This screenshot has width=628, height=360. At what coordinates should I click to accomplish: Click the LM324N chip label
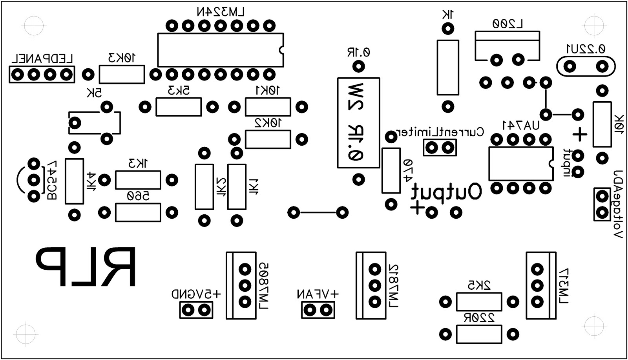tap(221, 12)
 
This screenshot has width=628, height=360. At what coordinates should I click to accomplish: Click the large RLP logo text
tap(86, 267)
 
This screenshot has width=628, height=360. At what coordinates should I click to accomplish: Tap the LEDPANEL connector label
tap(42, 59)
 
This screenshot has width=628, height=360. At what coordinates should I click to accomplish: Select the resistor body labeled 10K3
tap(122, 74)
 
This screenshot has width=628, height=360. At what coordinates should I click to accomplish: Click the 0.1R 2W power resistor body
tap(358, 123)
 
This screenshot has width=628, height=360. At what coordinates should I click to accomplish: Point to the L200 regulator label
tap(508, 24)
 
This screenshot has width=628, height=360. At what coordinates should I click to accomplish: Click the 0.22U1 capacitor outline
tap(586, 66)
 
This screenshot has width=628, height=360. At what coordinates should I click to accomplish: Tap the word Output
tap(446, 192)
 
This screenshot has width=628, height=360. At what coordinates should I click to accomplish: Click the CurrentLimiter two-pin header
tap(440, 148)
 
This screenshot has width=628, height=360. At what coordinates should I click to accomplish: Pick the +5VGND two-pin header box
tap(196, 311)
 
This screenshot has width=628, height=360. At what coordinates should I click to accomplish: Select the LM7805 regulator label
tap(263, 285)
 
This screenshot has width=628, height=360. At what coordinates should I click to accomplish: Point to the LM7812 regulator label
tap(393, 285)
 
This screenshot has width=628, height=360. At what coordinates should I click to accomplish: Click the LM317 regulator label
tap(564, 285)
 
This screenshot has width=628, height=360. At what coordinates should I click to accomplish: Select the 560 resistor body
tap(138, 212)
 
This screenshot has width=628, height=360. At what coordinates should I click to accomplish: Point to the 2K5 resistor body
tap(479, 302)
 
